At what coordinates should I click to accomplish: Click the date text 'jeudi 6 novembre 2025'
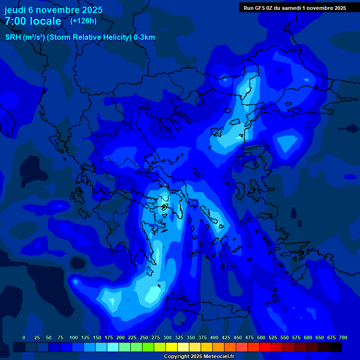53,10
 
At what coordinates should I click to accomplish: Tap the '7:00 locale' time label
33,21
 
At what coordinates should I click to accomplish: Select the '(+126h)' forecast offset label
83,21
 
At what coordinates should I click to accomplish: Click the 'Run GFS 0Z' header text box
295,7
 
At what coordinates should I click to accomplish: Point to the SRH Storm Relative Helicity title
80,37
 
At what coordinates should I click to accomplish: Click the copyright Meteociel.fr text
199,356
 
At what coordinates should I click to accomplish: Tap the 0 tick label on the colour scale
24,337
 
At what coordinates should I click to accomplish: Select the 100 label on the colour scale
73,337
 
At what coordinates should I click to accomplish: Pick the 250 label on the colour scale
143,337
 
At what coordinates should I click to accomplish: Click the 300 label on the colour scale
167,337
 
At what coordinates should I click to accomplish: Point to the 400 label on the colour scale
214,337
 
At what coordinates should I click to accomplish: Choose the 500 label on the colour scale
261,337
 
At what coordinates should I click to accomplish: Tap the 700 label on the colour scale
343,337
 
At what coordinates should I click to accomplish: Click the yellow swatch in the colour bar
172,347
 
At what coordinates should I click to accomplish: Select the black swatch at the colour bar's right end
336,347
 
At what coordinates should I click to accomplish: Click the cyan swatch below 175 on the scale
113,347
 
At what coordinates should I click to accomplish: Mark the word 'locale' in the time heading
45,21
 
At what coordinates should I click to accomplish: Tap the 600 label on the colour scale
307,337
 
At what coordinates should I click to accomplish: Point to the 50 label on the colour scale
49,337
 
